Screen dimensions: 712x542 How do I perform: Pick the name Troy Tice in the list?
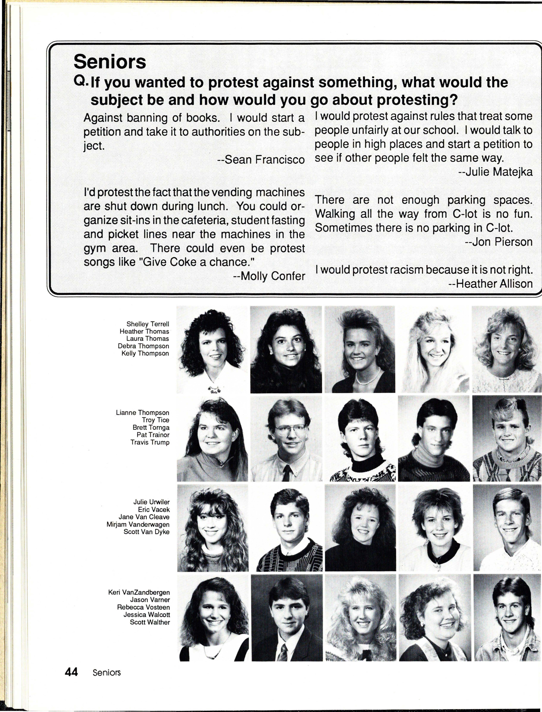156,420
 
